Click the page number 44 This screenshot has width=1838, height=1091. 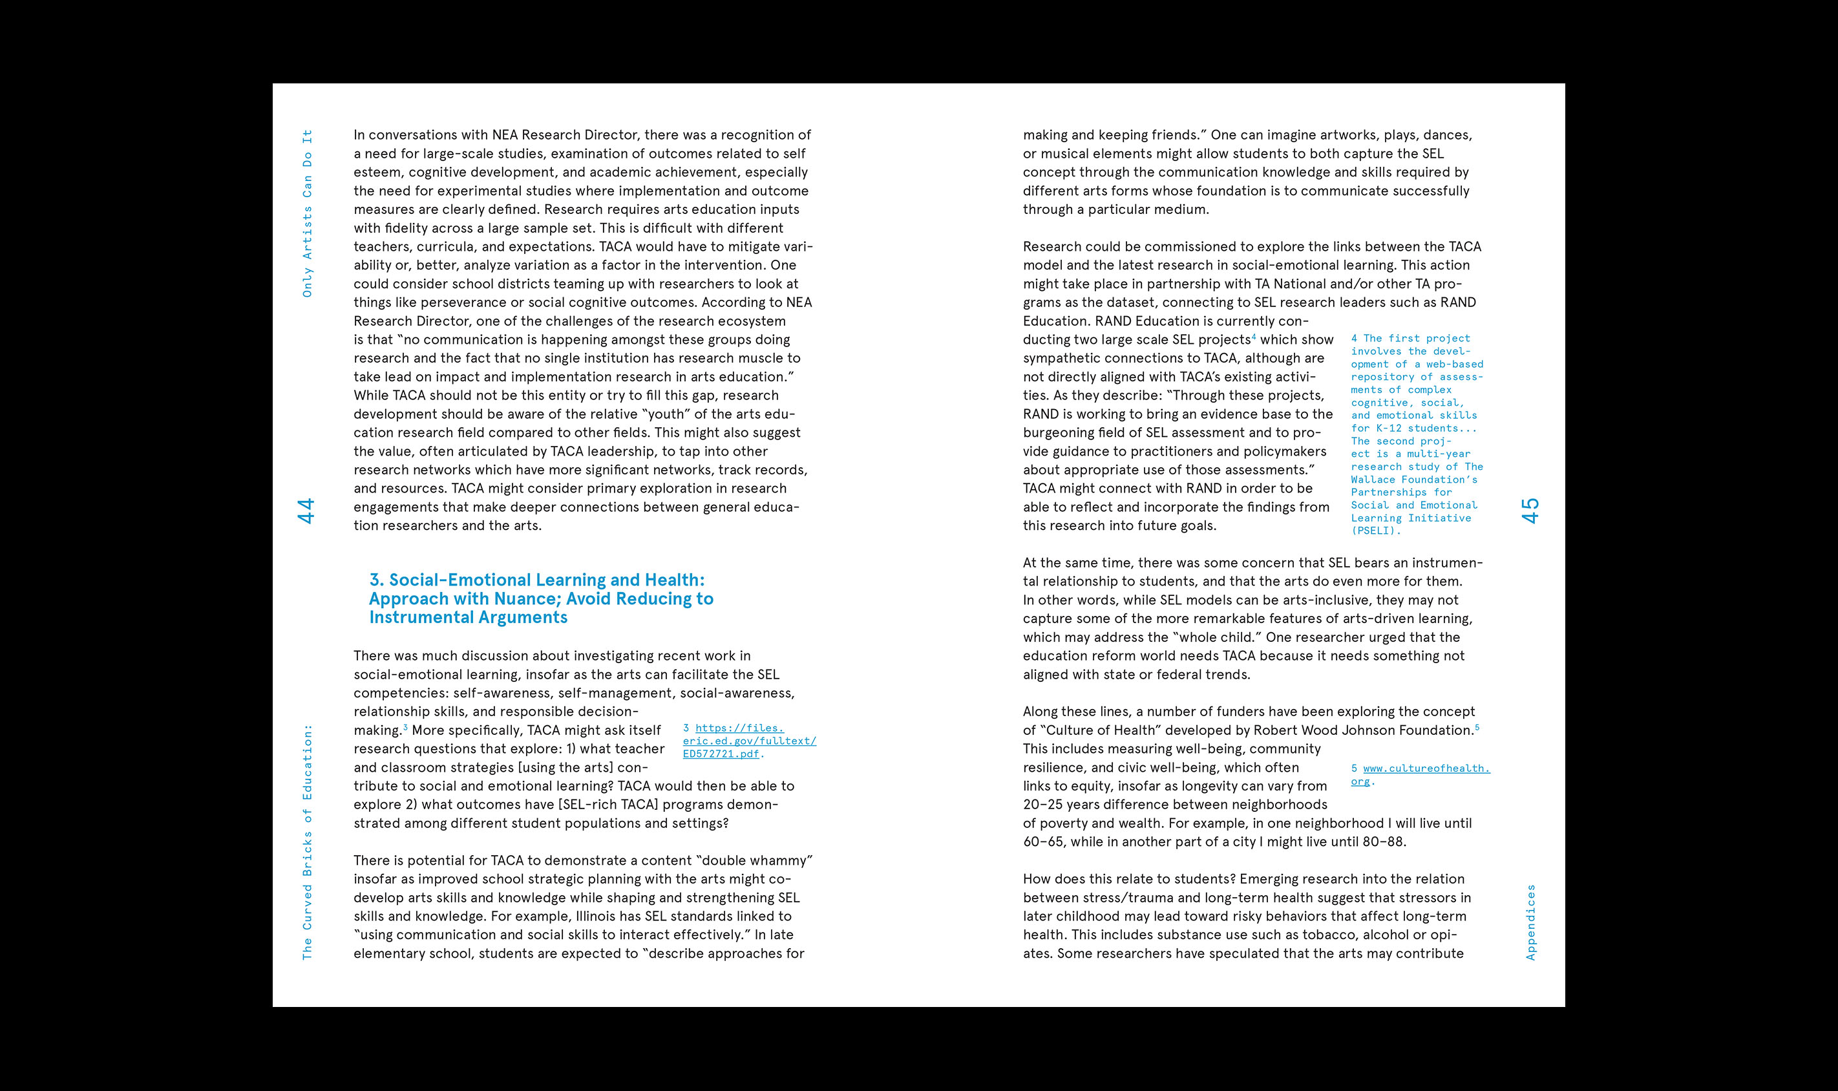coord(306,511)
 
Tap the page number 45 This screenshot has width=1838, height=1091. coord(1531,511)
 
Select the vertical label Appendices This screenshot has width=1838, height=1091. coord(1531,922)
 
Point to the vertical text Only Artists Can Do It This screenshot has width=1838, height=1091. coord(307,213)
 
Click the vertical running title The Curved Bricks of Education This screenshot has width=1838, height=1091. coord(307,842)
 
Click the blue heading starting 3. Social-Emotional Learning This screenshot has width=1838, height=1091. coord(541,598)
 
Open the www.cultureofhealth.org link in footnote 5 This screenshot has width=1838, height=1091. coord(1420,774)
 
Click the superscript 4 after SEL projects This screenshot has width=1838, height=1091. coord(1254,337)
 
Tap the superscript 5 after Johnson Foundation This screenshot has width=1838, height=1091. coord(1477,727)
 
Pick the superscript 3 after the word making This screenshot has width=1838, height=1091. coord(405,727)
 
